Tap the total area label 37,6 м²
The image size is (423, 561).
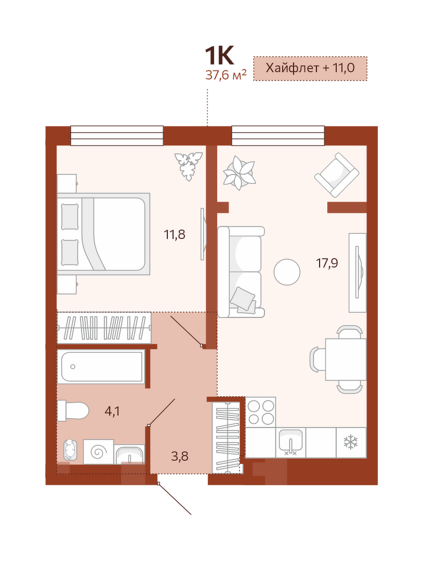[x=226, y=75]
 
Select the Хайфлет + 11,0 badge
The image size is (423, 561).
[x=310, y=68]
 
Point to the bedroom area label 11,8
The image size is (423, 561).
[x=175, y=235]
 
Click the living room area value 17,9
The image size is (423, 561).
[x=327, y=263]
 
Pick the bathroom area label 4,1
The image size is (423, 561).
[x=112, y=411]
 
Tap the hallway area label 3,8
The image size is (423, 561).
[x=180, y=457]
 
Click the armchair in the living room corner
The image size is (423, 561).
[x=337, y=175]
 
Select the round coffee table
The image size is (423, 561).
[x=287, y=272]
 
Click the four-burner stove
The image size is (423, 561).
[x=260, y=412]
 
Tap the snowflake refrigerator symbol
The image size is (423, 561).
[x=350, y=443]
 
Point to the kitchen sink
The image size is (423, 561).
[x=290, y=443]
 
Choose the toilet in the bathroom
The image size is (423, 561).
[x=73, y=411]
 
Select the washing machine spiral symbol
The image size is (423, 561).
[x=98, y=452]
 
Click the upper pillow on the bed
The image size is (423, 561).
[x=70, y=217]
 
